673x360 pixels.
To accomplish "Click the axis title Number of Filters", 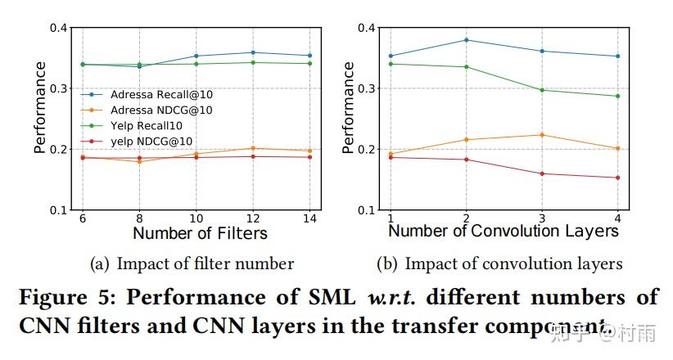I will click(200, 233).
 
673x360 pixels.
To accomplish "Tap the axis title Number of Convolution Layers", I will click(503, 232).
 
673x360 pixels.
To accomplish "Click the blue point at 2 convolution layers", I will click(466, 40).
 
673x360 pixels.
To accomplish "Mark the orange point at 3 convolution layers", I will click(541, 135).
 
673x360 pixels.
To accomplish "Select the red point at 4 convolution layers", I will click(617, 178).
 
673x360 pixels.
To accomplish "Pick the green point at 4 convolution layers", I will click(617, 96).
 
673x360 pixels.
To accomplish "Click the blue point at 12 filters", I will click(253, 52).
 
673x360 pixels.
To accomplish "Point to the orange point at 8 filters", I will click(138, 161).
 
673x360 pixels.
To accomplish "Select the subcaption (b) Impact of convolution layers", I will click(499, 263).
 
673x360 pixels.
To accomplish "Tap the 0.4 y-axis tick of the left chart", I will click(57, 28).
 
